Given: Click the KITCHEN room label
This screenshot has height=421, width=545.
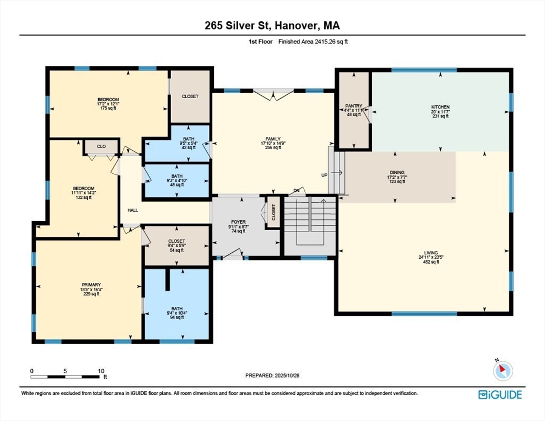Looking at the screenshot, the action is pos(440,107).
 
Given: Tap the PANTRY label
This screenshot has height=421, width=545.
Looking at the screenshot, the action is pos(354,106).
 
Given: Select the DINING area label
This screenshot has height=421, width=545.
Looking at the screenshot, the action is pos(397,173).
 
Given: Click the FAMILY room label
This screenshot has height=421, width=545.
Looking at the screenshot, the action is pos(273,139).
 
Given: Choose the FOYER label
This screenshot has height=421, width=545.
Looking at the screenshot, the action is pos(239,222).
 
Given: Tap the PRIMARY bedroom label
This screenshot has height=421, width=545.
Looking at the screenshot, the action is pos(92,285).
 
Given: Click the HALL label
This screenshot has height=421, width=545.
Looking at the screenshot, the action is pos(133,210).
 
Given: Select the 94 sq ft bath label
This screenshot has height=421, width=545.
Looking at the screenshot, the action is pos(177,317).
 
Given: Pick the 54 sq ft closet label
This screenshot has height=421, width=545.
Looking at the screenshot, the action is pos(177,250).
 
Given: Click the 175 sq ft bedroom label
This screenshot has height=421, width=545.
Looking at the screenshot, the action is pos(108,108).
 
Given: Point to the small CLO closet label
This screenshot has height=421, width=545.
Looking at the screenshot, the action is pos(101,146).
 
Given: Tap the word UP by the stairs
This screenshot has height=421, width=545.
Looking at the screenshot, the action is pos(324,175).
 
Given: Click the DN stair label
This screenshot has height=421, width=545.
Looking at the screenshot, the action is pos(297,191).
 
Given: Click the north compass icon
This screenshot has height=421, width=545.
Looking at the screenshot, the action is pos(503,371).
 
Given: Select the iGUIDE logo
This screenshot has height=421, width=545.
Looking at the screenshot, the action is pos(500,395).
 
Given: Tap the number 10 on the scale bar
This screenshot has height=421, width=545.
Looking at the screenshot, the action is pos(101,371).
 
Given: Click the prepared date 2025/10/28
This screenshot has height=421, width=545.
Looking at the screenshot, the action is pos(287,376).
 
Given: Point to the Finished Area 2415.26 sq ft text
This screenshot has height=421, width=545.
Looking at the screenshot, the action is pos(313,42).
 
